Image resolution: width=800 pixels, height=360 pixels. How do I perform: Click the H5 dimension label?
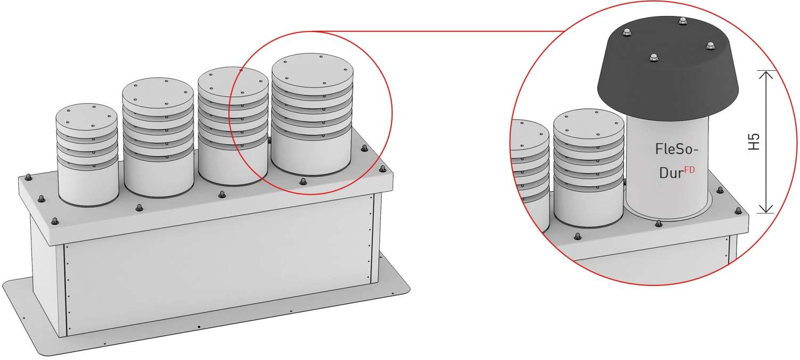coord(754,142)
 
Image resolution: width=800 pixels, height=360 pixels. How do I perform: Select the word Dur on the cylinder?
coord(671,173)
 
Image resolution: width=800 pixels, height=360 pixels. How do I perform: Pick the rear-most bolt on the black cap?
coord(682,21)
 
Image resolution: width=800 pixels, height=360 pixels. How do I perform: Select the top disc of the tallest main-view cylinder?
coord(312,74)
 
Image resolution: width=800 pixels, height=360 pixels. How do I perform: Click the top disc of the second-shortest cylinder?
coord(158,96)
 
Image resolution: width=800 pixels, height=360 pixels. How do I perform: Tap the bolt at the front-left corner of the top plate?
coord(55,221)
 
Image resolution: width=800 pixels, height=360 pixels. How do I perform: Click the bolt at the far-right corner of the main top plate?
coord(382,168)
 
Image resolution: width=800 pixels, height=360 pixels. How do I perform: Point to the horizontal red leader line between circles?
coord(437,31)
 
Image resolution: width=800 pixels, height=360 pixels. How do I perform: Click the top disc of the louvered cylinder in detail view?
coord(589,127)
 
